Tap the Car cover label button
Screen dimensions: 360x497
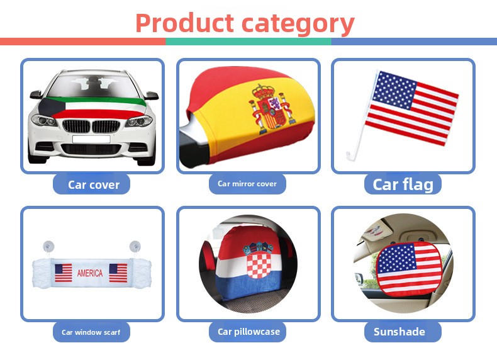pos(94,184)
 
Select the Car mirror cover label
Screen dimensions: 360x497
pos(247,184)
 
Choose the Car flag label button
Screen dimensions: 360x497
pos(403,184)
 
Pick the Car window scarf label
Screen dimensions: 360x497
pos(91,332)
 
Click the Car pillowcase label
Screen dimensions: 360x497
pos(248,332)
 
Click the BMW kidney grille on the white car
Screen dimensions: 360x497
pos(92,126)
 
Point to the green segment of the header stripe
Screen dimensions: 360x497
pos(248,42)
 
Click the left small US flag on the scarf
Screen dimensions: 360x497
pos(63,273)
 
